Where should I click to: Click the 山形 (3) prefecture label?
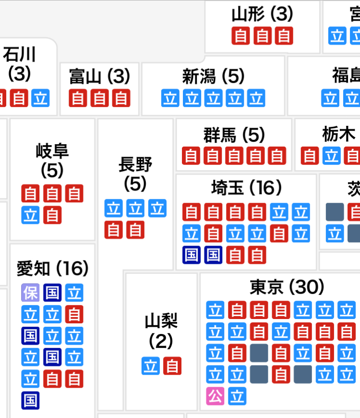262,14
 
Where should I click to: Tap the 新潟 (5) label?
213,76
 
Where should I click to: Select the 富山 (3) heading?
99,76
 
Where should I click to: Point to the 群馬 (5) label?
234,135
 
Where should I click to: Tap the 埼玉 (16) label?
247,188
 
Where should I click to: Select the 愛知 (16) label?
52,268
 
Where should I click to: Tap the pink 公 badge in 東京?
215,396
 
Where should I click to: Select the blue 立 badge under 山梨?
151,366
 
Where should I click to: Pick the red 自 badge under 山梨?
172,366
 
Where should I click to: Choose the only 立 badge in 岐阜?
31,215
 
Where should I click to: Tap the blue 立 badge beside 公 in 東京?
237,396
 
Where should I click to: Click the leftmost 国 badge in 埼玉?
192,255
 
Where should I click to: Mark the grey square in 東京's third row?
259,353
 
